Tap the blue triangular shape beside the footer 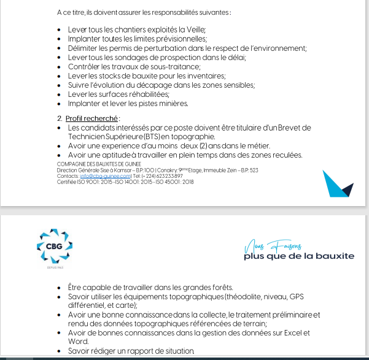click(x=337, y=183)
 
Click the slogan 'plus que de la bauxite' click(x=298, y=256)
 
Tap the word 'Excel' click(x=295, y=333)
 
